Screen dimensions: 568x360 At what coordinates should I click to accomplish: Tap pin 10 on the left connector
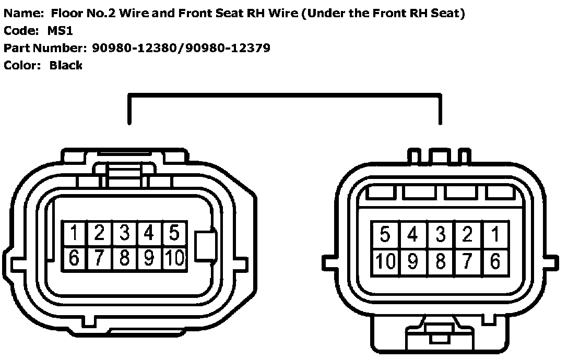coord(174,258)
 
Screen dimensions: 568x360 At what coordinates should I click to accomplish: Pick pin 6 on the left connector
coord(75,258)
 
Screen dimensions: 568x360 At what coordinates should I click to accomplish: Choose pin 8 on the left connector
coord(125,258)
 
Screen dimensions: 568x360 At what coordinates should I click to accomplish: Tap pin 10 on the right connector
coord(385,261)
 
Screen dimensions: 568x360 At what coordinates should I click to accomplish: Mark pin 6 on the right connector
coord(494,261)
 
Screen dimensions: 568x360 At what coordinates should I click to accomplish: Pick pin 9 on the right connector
coord(413,261)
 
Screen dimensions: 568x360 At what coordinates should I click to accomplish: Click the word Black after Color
coord(66,65)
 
